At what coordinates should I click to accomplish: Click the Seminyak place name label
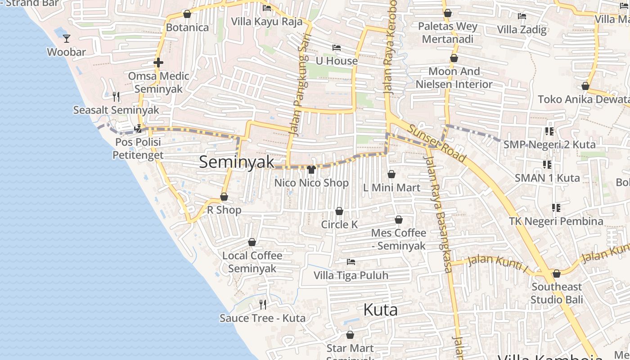237,162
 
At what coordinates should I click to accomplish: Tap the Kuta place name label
380,310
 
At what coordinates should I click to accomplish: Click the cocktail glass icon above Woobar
67,39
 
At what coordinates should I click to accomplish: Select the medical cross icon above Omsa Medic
158,63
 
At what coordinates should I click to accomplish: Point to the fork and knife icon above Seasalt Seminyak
116,96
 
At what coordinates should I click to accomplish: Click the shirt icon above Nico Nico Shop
311,170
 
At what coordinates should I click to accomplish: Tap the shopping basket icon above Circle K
339,211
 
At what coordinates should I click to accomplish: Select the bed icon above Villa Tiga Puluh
351,262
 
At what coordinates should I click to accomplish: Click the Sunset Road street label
436,143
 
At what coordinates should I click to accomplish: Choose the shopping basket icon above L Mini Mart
391,174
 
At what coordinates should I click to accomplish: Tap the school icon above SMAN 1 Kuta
547,165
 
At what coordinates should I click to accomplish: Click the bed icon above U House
336,48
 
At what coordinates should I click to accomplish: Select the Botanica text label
187,27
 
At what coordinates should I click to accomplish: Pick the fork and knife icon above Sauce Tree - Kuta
263,305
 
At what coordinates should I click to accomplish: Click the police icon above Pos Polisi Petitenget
138,129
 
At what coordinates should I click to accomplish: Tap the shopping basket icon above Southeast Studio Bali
556,274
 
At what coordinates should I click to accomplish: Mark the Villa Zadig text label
522,30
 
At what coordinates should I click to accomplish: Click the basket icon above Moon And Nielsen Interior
454,58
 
